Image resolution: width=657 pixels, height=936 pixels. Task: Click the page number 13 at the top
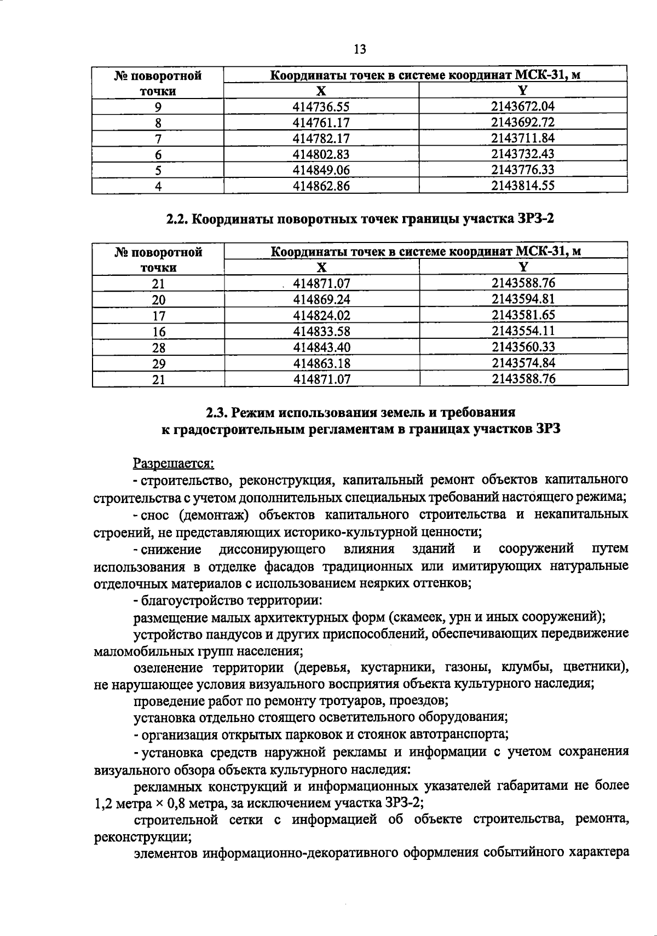coord(360,50)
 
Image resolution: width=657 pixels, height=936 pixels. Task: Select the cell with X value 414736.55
coord(321,106)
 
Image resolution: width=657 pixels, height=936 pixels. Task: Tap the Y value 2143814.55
coord(523,186)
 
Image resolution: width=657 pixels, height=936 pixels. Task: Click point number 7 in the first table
coord(158,138)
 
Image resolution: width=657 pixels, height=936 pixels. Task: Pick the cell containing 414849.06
coord(321,170)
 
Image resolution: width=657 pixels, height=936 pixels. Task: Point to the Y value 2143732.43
coord(523,154)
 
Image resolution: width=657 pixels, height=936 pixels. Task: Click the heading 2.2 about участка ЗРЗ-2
coord(360,219)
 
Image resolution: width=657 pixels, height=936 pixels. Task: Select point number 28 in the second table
coord(158,348)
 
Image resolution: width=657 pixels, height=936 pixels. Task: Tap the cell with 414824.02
coord(321,315)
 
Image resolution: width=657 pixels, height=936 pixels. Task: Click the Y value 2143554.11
coord(523,331)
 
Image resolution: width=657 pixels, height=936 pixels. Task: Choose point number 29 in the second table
coord(158,363)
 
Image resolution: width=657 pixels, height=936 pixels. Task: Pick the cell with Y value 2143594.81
coord(523,299)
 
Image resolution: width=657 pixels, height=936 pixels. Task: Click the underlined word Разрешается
coord(174,464)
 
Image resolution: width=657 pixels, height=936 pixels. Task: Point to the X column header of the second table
coord(321,267)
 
